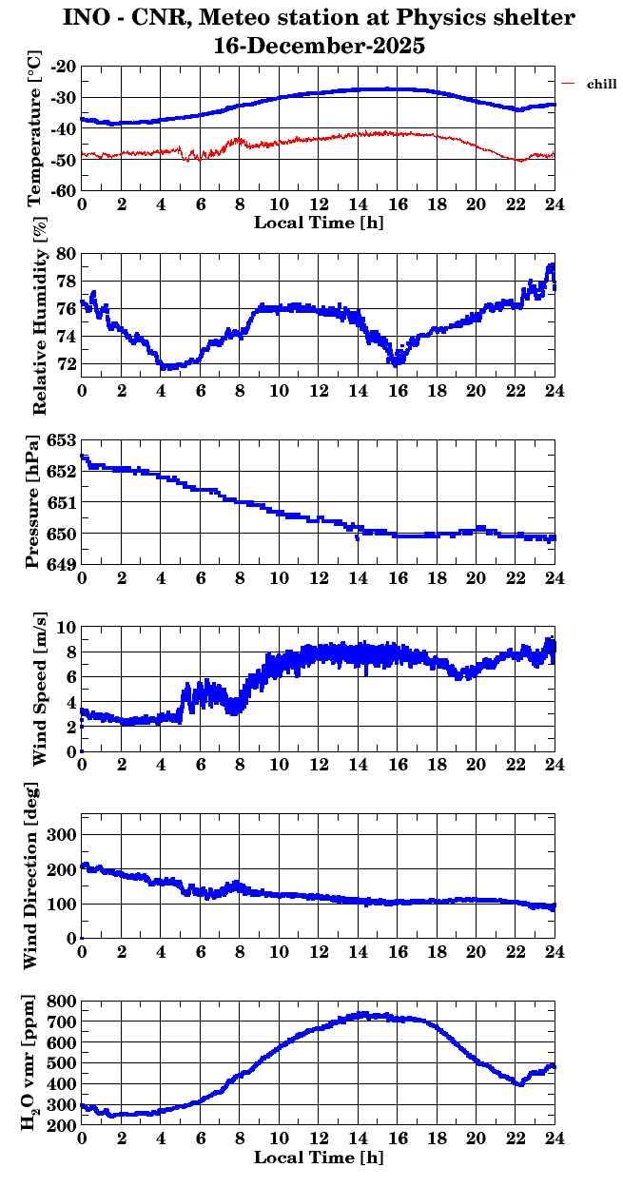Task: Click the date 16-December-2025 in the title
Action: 320,45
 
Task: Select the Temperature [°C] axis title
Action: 35,129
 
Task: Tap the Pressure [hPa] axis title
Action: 35,501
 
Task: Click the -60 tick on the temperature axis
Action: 65,190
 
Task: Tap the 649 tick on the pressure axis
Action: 60,565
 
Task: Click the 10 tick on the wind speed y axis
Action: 67,627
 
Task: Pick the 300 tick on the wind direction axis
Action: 63,834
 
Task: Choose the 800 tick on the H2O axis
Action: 63,1002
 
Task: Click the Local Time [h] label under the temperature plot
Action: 319,222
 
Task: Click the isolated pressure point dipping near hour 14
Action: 357,538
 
